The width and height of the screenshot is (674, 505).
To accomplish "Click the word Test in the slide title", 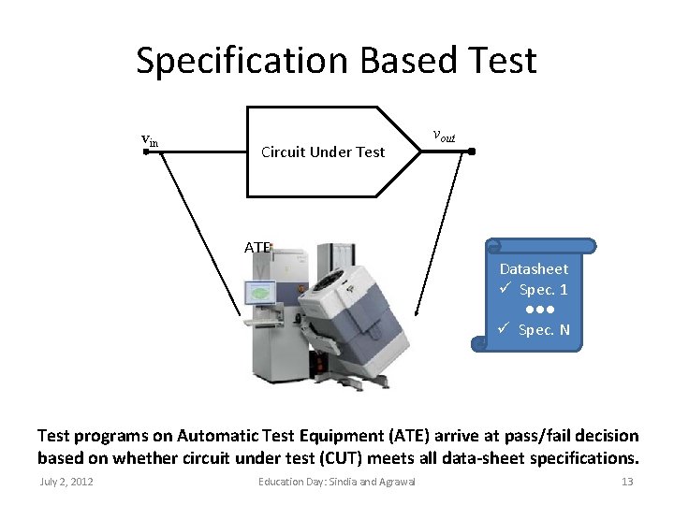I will click(x=501, y=61).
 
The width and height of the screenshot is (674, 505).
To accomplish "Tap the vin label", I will click(x=150, y=140).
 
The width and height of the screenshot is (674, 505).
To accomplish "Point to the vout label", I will click(x=444, y=137).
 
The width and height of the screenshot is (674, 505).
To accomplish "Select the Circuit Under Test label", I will click(x=323, y=151).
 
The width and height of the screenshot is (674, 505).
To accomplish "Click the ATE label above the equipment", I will click(x=257, y=248).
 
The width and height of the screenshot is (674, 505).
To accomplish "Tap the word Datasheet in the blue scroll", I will click(x=534, y=268).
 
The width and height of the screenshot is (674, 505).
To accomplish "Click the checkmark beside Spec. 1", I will click(x=504, y=289).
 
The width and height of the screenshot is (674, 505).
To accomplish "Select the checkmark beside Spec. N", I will click(x=504, y=330).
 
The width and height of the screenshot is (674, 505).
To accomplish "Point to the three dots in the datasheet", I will click(x=539, y=310).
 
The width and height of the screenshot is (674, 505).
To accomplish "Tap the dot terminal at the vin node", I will click(x=146, y=151).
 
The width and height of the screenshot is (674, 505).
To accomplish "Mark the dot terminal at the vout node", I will click(x=472, y=151).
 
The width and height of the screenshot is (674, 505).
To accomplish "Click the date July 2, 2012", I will click(x=66, y=482).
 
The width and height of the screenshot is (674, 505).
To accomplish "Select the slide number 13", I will click(x=627, y=482).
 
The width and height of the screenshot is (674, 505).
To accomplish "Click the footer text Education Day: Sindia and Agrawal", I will click(x=336, y=482).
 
